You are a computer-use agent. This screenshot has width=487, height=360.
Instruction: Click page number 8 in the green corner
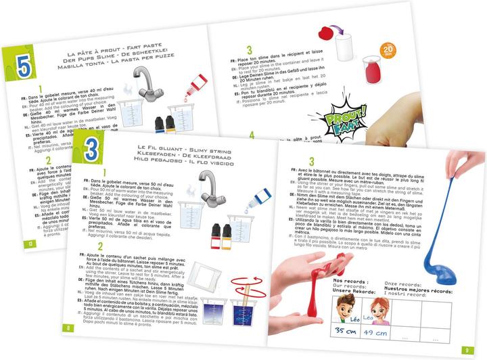click(68, 328)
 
